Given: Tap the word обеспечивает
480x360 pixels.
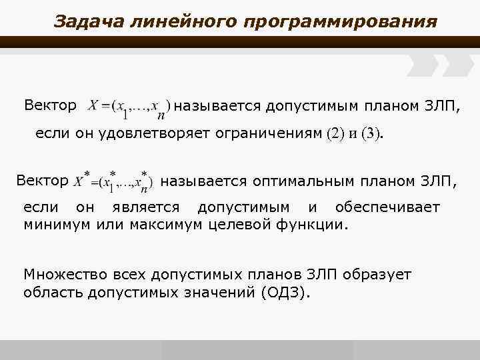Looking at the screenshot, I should (387, 207).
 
